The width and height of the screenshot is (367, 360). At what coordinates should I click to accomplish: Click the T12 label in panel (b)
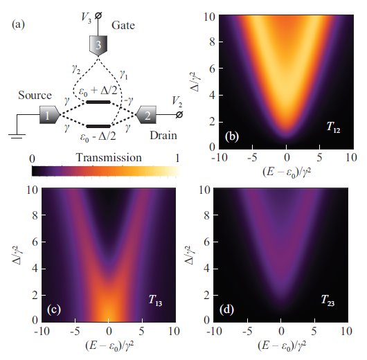click(x=334, y=127)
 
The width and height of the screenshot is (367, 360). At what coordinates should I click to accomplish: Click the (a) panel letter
click(x=20, y=26)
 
